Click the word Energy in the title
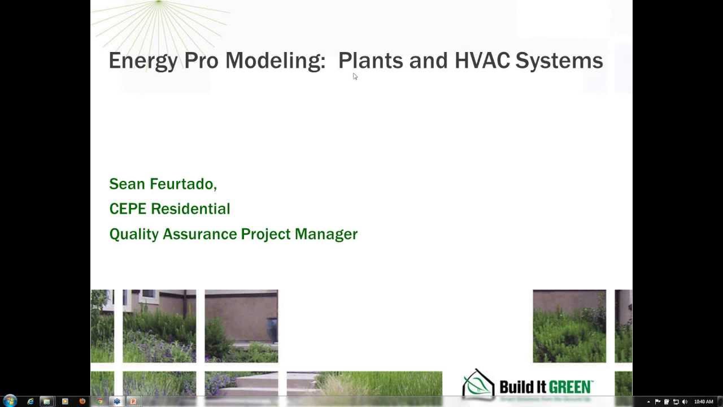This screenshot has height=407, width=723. point(142,60)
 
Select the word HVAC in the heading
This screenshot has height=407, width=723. point(482,60)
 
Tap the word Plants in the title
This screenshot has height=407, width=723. point(371,60)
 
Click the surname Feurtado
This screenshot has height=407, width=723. point(182,184)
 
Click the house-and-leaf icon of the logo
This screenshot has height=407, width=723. point(478,384)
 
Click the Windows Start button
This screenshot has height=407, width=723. point(10,401)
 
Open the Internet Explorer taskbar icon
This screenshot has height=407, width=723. point(31,401)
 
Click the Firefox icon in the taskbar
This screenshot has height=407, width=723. point(82,401)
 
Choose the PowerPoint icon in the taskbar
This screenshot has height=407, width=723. point(133,401)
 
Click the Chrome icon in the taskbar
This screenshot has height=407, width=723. point(99,401)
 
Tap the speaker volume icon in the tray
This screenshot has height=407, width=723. point(685,402)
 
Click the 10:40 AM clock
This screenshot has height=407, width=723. point(704,402)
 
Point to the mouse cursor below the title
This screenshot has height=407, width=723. point(355,76)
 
